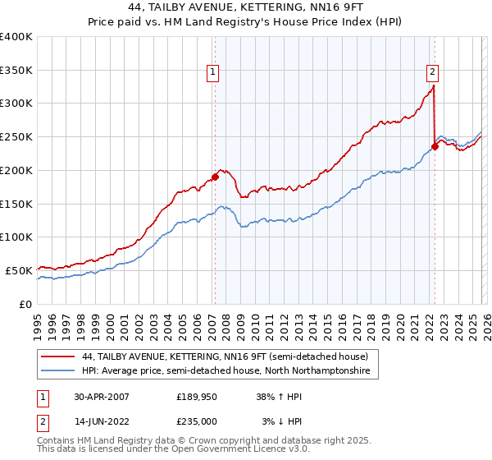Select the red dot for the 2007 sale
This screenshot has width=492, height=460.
pyautogui.click(x=215, y=176)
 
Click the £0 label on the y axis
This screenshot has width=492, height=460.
pyautogui.click(x=25, y=304)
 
